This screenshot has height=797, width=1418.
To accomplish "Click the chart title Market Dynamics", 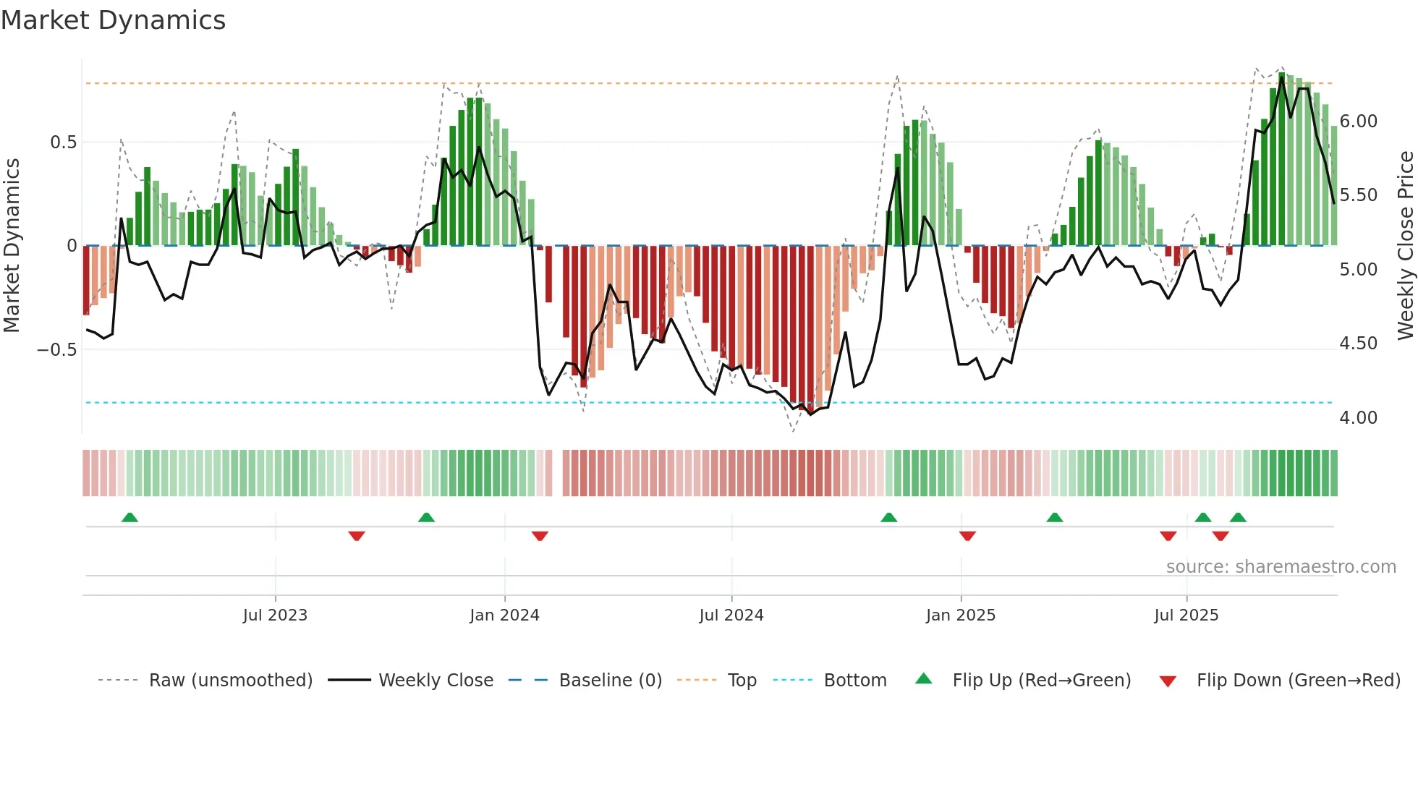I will (114, 20).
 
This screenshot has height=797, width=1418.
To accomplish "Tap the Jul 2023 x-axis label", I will (275, 615).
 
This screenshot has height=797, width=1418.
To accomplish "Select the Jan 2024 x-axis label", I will (504, 615).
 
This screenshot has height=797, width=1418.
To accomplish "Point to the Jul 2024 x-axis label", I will (731, 615).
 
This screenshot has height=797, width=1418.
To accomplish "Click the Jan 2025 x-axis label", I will (961, 615).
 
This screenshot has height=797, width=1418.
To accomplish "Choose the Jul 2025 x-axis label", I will (1186, 615).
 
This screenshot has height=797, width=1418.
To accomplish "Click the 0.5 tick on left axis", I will (63, 142).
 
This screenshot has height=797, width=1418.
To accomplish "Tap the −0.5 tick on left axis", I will (56, 350).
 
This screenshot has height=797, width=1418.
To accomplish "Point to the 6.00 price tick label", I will (1359, 122).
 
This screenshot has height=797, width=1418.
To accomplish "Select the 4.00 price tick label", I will (1359, 418).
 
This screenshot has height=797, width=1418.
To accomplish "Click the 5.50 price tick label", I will (1359, 195).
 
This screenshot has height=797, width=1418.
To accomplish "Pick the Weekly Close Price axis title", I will (1405, 246).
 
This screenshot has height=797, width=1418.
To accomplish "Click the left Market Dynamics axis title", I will (12, 246).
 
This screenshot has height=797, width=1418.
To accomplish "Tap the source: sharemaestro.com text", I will (1281, 567).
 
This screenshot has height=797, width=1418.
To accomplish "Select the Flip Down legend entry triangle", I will (1168, 681).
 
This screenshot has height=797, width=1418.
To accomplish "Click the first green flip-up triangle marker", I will (130, 518).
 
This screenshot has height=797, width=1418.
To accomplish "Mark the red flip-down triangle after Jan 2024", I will (540, 536).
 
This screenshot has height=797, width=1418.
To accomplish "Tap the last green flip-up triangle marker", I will (1238, 518).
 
